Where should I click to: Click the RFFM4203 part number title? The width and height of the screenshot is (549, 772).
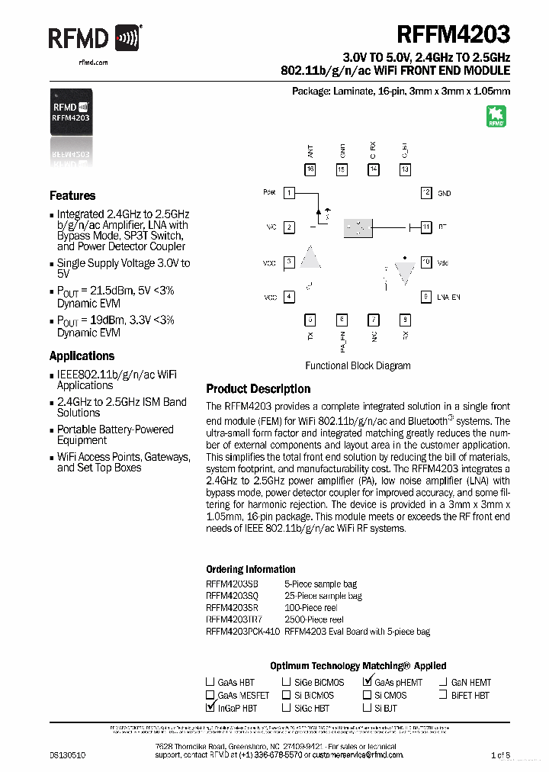tap(453, 36)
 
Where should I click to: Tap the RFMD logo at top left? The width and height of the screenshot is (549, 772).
tap(95, 37)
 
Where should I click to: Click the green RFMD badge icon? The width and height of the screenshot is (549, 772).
tap(496, 115)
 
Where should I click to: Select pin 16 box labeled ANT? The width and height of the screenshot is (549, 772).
tap(310, 169)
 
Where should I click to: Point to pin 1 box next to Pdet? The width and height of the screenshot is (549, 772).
tap(289, 193)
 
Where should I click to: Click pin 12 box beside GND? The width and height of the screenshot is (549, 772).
tap(426, 193)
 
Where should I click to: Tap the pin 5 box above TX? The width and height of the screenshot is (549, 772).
tap(310, 320)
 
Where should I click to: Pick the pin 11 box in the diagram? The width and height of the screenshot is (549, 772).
tap(426, 227)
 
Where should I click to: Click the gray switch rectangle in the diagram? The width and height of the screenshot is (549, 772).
tap(358, 227)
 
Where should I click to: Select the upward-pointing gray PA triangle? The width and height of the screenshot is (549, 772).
tap(310, 258)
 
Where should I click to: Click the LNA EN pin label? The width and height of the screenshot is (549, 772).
tap(449, 297)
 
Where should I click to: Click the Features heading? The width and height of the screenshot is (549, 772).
tap(72, 195)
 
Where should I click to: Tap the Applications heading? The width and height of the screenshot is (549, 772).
tap(82, 355)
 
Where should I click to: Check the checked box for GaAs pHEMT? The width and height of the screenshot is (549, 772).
tap(368, 682)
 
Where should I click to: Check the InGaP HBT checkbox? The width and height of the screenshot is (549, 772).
tap(210, 708)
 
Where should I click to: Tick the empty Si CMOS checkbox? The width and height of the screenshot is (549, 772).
tap(368, 695)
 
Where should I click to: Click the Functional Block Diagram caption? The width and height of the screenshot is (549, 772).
tap(358, 365)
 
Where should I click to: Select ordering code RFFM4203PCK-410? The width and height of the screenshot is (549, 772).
tap(242, 632)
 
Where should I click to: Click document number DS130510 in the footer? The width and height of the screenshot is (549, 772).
tap(68, 754)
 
